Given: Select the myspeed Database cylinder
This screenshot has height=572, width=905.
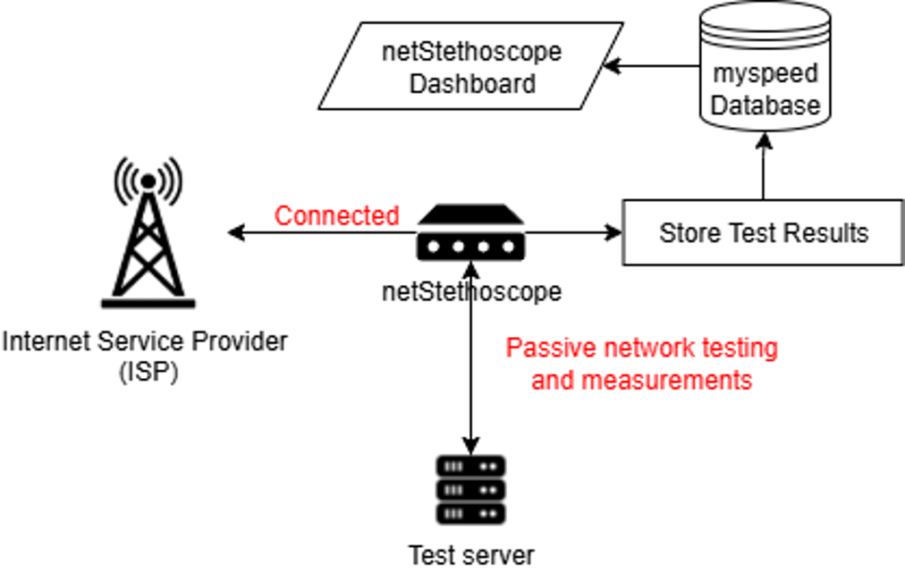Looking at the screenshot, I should [765, 67].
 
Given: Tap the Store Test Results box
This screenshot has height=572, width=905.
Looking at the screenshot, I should [763, 233].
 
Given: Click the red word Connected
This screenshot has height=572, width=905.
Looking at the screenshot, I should [336, 215].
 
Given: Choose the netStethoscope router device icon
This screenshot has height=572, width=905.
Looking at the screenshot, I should [471, 233].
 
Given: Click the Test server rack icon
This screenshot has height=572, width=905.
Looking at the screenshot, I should [471, 489].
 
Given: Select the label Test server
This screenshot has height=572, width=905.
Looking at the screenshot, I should [471, 555].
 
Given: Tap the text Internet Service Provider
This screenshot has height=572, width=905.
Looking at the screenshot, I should [146, 341].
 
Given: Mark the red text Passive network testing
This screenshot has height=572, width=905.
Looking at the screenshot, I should [641, 347].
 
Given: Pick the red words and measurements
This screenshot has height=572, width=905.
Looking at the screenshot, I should [641, 380].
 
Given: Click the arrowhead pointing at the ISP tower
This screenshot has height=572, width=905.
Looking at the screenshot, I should [235, 233].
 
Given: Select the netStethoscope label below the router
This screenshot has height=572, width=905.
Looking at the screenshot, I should [471, 290].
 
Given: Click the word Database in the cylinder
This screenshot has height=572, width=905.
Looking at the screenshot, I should [765, 105].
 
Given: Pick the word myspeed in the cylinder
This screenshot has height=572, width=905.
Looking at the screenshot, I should [765, 73].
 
